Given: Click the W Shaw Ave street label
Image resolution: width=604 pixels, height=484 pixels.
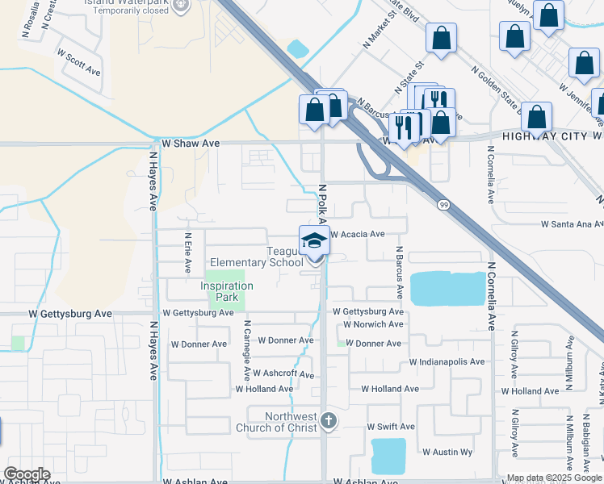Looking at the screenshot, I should [191, 143].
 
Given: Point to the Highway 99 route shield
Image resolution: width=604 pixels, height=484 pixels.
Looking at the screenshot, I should [444, 205].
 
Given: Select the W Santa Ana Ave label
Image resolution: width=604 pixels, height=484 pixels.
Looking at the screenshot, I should [571, 223].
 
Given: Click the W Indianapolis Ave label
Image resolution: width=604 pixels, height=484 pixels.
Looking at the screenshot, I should [447, 362].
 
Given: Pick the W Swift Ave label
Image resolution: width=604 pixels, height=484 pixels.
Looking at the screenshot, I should [391, 426].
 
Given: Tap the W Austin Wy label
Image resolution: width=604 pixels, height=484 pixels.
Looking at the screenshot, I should [447, 452].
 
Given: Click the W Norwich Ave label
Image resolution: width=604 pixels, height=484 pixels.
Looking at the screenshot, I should [372, 324].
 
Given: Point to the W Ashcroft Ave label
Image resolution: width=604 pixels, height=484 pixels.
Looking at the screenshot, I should [283, 374].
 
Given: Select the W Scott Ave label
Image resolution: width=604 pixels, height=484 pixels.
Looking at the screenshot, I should [78, 61].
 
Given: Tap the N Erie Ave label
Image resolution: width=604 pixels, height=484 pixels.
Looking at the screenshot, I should [187, 252].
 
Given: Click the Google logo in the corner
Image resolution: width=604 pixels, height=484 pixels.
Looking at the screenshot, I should [27, 474].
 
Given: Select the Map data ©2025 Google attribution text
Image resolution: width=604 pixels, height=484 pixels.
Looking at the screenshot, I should [554, 478].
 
